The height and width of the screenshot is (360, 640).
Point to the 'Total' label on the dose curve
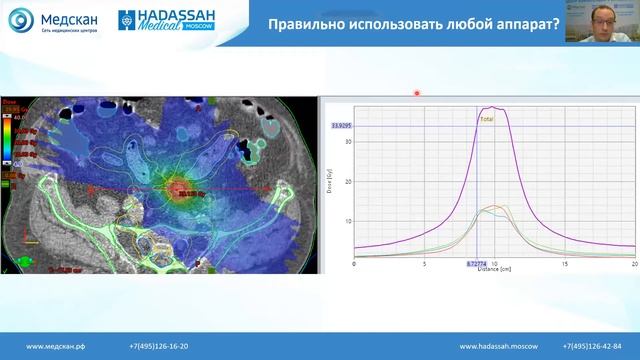tap(488, 118)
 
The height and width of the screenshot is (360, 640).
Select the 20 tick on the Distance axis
tap(634, 264)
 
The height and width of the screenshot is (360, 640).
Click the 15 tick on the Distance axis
tap(564, 264)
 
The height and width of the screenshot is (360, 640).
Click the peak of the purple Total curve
tap(491, 107)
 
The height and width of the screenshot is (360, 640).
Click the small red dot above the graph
tap(417, 93)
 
